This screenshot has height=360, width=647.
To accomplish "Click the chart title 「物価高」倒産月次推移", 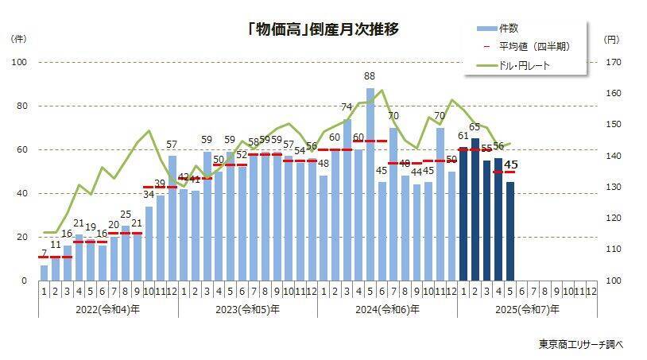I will [x=322, y=29].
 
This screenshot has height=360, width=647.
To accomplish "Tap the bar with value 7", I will [x=45, y=273].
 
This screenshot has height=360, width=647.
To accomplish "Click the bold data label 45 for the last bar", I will [x=511, y=165].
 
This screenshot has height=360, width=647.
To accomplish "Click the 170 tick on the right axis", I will [x=612, y=63].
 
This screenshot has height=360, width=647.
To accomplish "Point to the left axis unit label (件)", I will [x=18, y=38].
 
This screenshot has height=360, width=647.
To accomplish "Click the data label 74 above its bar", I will [x=347, y=106].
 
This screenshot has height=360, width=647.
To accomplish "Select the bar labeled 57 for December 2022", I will [x=172, y=217].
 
